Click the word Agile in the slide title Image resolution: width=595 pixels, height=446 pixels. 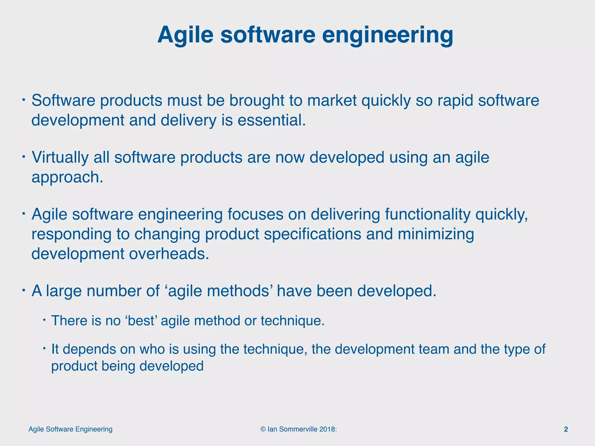coord(185,35)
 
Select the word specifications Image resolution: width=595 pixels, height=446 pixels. coord(312,234)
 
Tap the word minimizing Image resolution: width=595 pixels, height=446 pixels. coord(436,234)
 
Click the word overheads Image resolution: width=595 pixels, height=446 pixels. coord(169,254)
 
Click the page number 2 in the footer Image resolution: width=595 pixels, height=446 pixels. coord(566,429)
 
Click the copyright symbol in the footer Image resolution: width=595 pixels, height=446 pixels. coord(263,429)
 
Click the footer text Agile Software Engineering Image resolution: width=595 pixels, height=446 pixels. coord(71,429)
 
